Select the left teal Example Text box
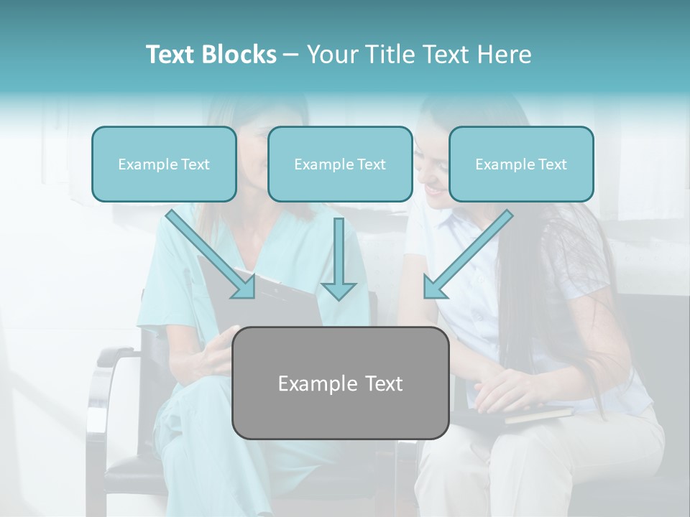point(164,164)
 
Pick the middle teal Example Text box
point(340,164)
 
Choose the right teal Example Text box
point(521,164)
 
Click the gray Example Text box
point(340,383)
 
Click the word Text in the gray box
point(382,383)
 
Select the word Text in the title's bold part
point(170,55)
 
